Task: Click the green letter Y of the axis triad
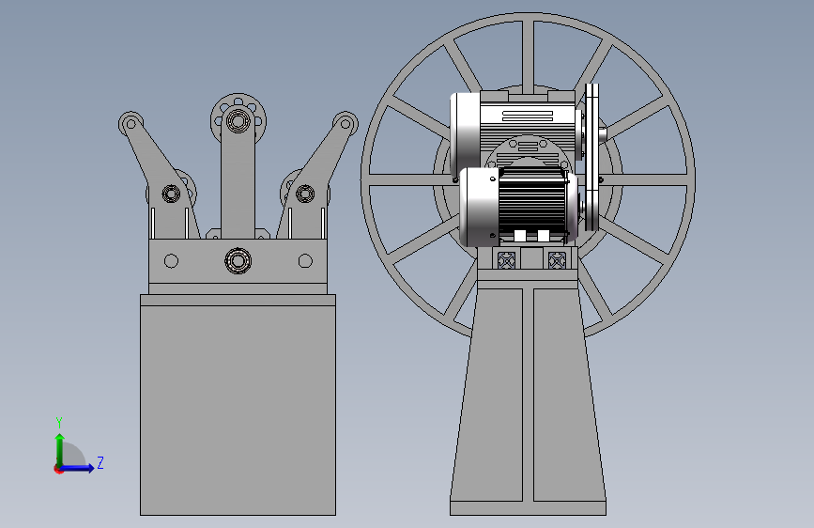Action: (x=59, y=422)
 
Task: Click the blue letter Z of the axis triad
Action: (x=100, y=462)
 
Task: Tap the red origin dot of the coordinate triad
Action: (x=58, y=469)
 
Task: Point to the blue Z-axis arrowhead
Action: (x=90, y=468)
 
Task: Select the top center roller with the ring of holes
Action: (x=238, y=121)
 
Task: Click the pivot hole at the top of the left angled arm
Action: (x=131, y=124)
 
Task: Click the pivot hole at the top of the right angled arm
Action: (x=346, y=124)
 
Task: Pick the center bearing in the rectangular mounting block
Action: (x=238, y=260)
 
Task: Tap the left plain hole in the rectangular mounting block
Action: (x=171, y=261)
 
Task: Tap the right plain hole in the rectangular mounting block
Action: (x=305, y=261)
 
